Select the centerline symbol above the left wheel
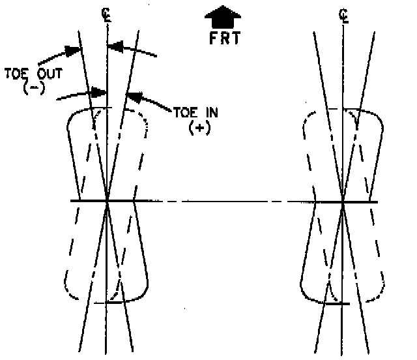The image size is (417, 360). click(107, 14)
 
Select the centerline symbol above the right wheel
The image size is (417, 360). click(343, 14)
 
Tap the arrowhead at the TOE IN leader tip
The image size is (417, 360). click(132, 97)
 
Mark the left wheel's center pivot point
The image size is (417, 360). click(107, 201)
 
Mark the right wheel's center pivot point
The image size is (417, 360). click(343, 201)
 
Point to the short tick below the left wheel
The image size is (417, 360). click(107, 303)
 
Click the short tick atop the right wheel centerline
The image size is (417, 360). click(343, 107)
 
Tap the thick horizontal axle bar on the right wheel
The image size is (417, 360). click(362, 201)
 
